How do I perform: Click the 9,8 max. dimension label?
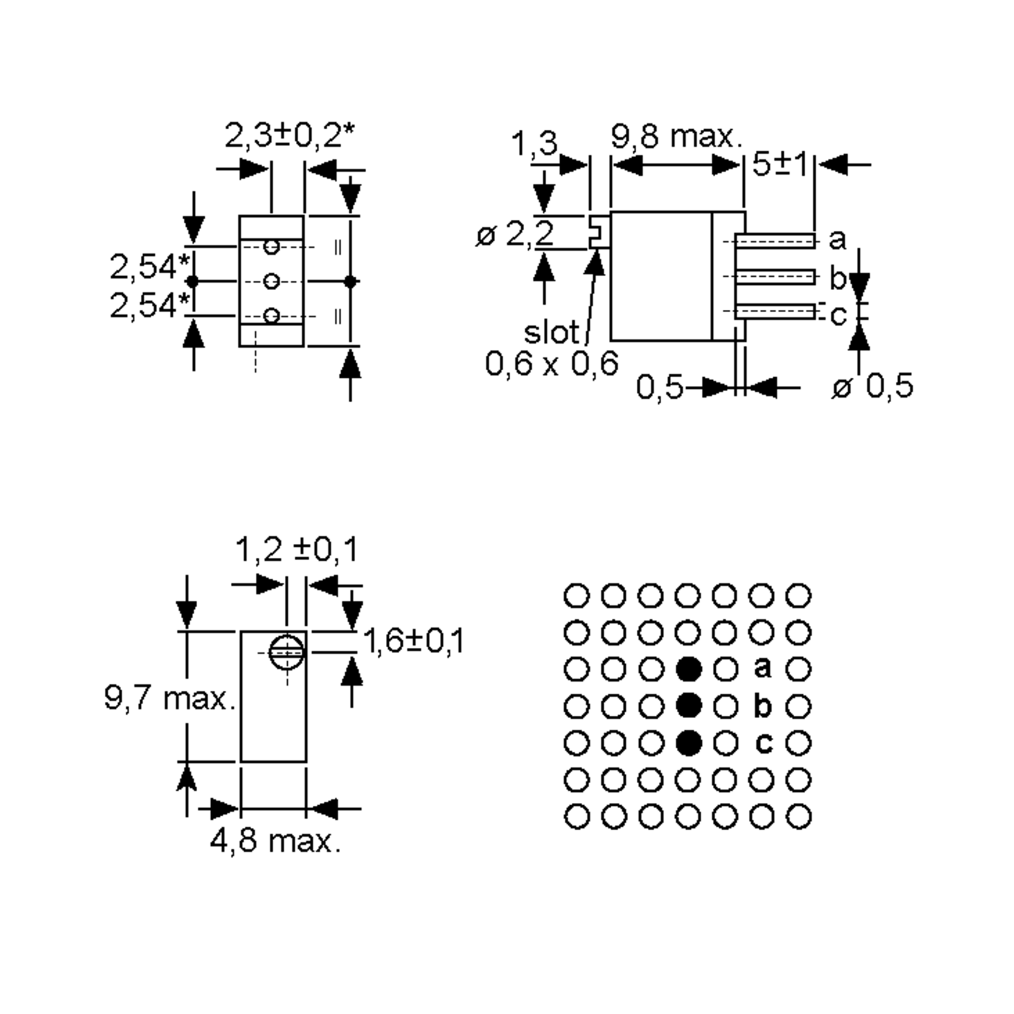point(677,137)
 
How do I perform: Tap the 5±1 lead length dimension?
point(780,165)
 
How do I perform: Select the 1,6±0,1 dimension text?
point(414,641)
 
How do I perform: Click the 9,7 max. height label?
point(169,698)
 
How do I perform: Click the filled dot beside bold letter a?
point(689,669)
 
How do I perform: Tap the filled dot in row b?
point(689,706)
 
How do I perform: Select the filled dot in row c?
point(689,743)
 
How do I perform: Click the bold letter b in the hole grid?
point(763,706)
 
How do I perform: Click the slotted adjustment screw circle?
point(286,652)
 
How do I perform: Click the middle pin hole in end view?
point(271,282)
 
